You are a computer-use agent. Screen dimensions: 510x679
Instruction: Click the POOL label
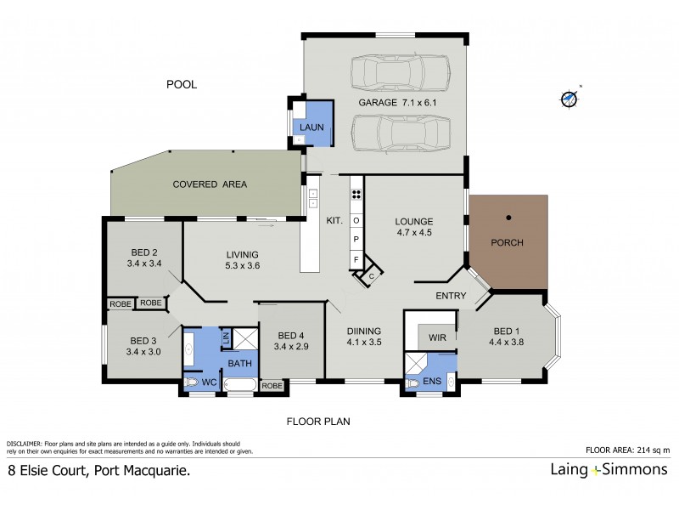coord(182,84)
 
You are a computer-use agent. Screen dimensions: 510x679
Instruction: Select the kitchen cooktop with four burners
coord(357,193)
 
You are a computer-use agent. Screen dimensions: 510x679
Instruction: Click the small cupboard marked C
coord(371,276)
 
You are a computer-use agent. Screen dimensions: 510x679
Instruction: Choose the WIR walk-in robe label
coord(437,338)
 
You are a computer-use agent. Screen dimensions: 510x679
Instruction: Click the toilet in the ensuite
coord(413,384)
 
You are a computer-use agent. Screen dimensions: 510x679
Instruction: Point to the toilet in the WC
coord(193,383)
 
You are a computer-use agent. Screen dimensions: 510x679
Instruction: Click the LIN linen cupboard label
coord(226,338)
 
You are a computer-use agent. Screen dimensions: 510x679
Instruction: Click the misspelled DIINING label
coord(364,331)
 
